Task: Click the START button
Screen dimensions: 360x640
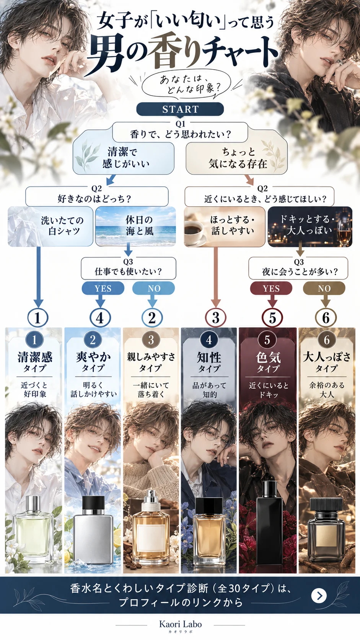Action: click(180, 109)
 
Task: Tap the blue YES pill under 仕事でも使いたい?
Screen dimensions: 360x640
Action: click(103, 288)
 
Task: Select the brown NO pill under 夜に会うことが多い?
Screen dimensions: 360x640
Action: click(324, 288)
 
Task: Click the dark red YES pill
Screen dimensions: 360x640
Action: click(271, 288)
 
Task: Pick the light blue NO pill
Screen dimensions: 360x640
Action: click(153, 288)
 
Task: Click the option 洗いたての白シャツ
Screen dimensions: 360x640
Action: click(50, 226)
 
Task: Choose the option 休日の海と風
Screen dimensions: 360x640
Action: click(135, 226)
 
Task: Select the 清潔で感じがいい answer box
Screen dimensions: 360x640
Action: click(123, 158)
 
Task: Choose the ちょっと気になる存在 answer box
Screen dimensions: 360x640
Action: click(237, 158)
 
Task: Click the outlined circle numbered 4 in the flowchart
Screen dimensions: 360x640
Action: click(100, 317)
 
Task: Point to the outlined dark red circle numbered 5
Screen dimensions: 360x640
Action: click(272, 317)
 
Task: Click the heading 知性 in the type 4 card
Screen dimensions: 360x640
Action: click(209, 357)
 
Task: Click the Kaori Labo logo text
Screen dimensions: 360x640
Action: click(181, 624)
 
